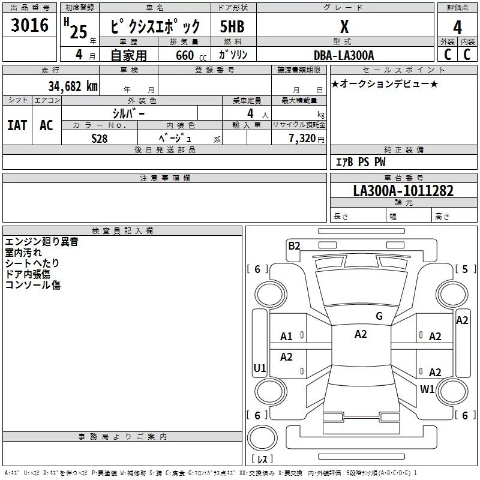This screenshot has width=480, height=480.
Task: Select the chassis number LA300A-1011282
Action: coord(403,191)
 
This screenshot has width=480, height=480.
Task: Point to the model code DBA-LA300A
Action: coord(344,55)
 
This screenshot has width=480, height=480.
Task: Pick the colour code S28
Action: coord(100,138)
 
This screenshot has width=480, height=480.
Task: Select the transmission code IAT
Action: coord(17,125)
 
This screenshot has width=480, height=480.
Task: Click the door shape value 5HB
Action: coord(233,28)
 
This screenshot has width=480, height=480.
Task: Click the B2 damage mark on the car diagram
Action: coord(294,245)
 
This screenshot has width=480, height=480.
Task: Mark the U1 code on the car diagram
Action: coord(260,368)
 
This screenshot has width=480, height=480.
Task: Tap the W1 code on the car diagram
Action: coord(427,389)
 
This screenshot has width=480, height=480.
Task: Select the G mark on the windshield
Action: coord(379,316)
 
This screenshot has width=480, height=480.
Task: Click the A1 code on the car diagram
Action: coord(287,337)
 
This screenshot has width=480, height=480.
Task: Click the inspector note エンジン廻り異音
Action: coord(41,242)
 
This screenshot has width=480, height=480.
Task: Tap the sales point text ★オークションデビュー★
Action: coord(385,83)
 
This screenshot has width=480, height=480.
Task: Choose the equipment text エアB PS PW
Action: coord(360,162)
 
